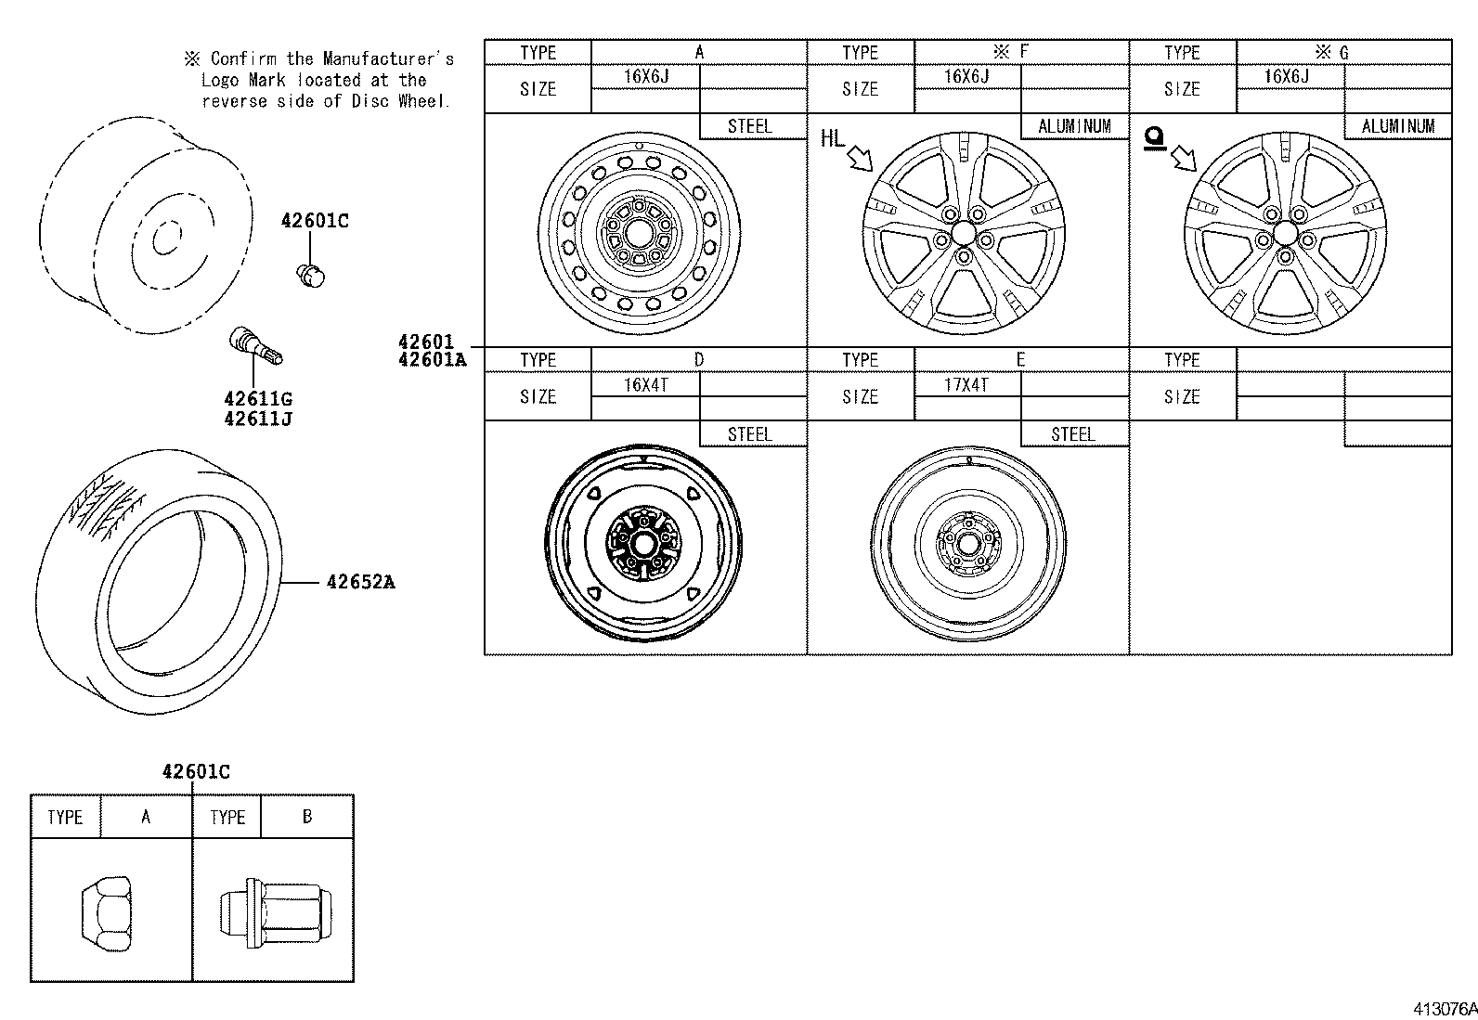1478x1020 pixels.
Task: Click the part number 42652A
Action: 360,583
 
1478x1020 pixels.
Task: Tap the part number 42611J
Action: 257,419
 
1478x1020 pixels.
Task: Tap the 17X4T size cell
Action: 966,384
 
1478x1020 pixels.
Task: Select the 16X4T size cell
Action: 645,384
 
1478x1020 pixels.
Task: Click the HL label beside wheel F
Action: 833,139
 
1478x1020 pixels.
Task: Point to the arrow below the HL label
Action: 860,160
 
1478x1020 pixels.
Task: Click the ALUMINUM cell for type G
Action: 1397,126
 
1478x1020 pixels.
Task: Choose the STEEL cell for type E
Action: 1073,434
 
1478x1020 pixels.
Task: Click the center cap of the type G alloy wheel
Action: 1286,232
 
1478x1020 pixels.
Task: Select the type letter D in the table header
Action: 698,360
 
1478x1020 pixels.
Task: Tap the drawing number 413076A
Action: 1445,1009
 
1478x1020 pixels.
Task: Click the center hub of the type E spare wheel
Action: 968,544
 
